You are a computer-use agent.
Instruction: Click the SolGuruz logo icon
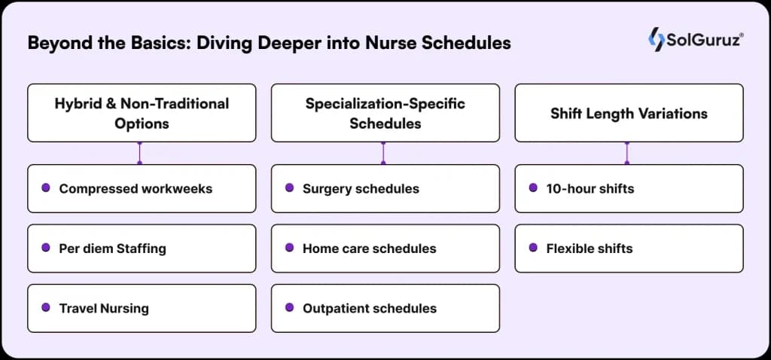tap(656, 39)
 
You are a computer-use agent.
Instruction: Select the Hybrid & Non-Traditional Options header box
tap(142, 113)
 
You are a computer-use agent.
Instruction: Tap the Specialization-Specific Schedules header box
tap(385, 113)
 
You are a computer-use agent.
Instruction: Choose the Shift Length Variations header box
tap(629, 113)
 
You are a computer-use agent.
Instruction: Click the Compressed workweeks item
tap(142, 188)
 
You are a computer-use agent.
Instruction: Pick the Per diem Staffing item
tap(142, 248)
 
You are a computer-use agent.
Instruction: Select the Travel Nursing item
tap(142, 308)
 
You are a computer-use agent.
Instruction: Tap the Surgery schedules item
tap(385, 188)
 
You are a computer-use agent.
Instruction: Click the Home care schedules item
tap(385, 248)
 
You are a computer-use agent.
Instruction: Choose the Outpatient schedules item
tap(385, 308)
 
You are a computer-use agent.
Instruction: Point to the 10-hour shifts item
tap(629, 188)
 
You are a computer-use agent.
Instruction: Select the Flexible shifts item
tap(629, 248)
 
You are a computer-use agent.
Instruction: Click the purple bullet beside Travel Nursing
tap(46, 307)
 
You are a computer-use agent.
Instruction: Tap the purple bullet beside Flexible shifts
tap(533, 247)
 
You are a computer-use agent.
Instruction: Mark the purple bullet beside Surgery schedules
tap(289, 188)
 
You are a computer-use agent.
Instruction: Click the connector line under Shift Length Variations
tap(627, 153)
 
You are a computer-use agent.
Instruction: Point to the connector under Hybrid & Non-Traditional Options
tap(140, 153)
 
